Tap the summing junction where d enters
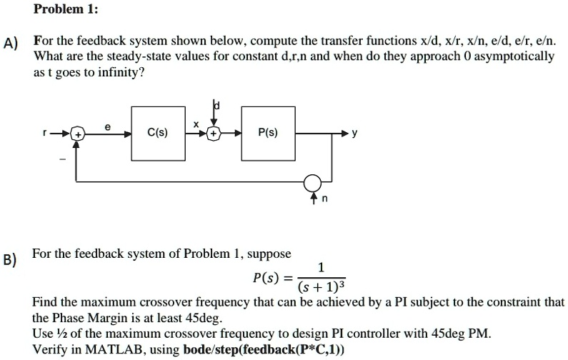click(x=214, y=134)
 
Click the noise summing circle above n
click(x=312, y=182)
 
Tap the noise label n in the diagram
click(x=325, y=200)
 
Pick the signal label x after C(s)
click(x=194, y=124)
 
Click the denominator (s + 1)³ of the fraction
click(x=322, y=286)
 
